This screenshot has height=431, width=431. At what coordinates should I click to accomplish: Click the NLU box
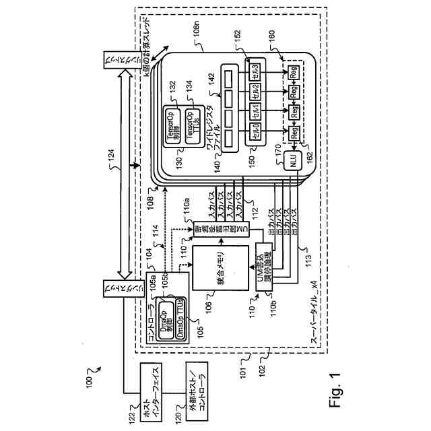tap(293, 161)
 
